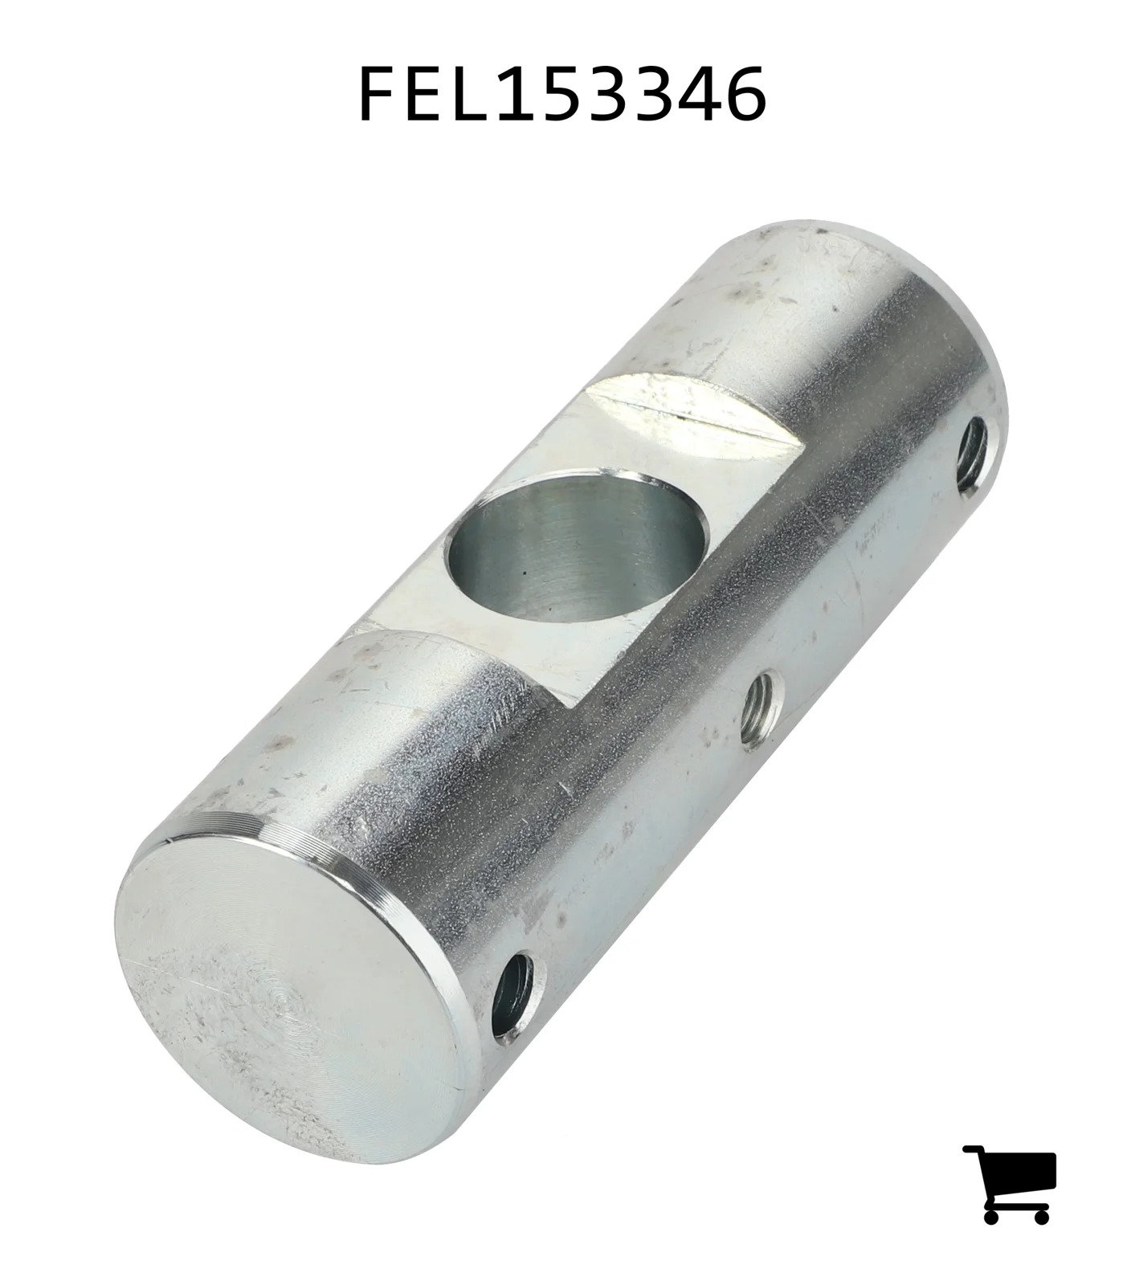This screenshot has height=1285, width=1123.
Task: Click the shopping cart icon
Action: coord(1010,1184)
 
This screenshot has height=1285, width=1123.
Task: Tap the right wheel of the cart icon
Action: coord(1040,1216)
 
